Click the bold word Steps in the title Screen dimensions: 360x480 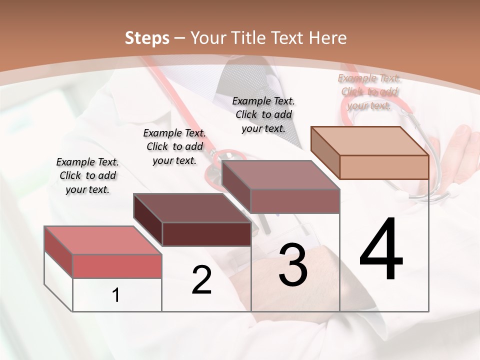[146, 38]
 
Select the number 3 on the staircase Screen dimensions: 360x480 [293, 265]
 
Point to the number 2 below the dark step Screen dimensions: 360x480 [201, 280]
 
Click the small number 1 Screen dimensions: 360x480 [116, 295]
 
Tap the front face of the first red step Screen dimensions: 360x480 [117, 266]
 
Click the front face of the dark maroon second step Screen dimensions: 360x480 [206, 234]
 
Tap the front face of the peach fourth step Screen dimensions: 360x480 [384, 167]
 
